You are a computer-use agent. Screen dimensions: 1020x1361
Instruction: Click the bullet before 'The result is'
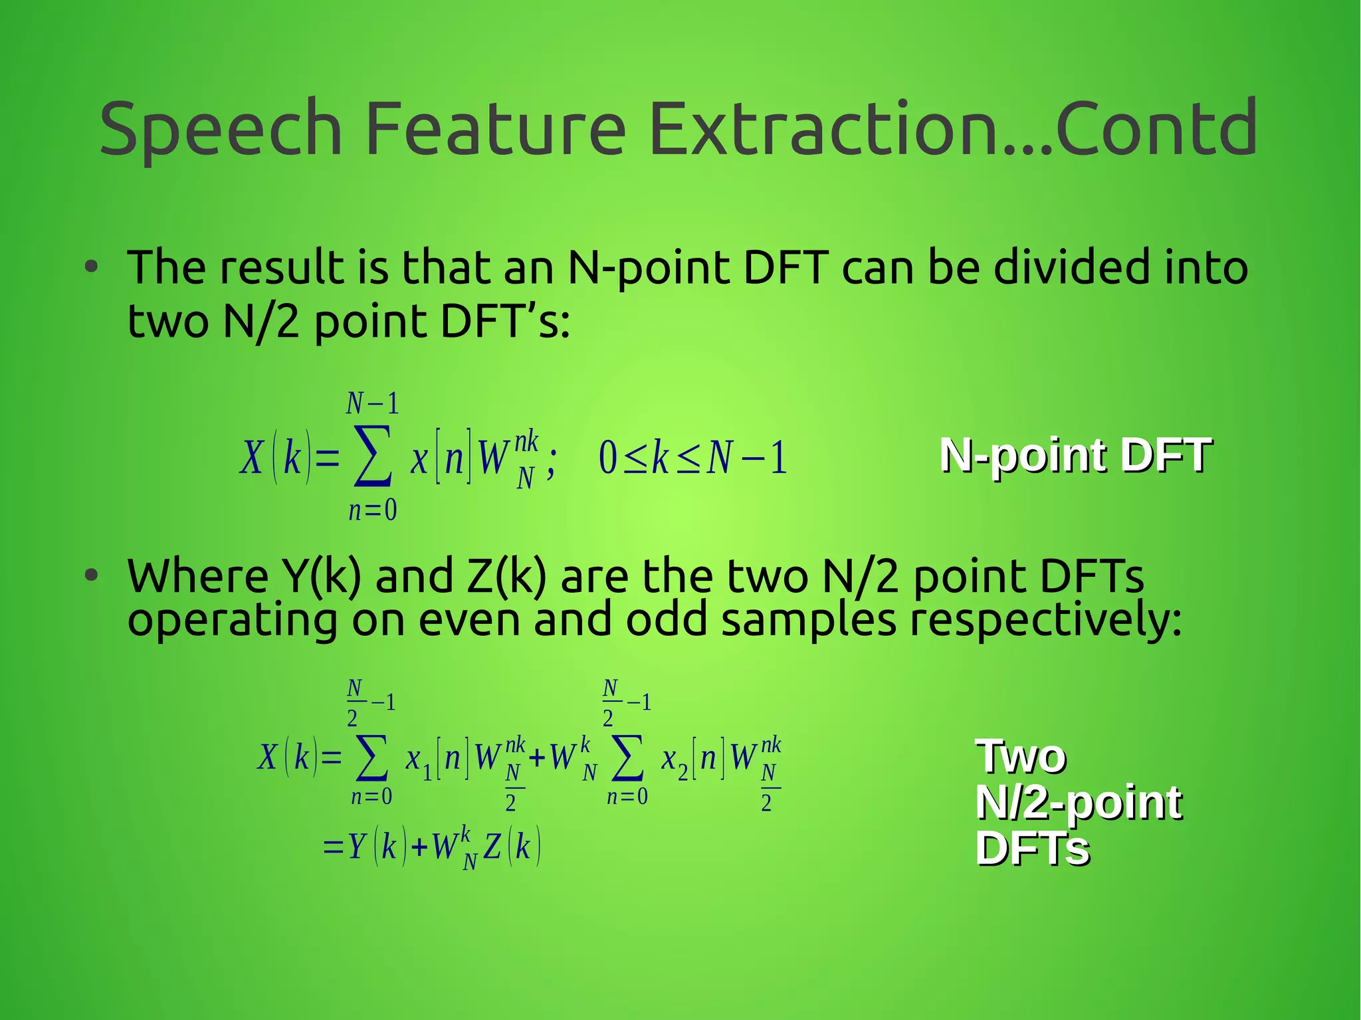[x=91, y=268]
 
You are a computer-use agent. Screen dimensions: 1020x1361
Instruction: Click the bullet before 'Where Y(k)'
[x=91, y=575]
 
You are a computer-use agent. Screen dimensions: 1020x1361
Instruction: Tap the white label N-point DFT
[x=1075, y=457]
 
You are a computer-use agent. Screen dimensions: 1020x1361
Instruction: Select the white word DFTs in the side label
[x=1032, y=849]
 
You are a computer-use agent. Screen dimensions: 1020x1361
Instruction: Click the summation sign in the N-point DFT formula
[x=372, y=457]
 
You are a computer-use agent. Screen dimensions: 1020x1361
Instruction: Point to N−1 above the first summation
[x=372, y=403]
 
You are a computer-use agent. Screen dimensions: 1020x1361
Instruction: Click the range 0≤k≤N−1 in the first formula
[x=692, y=459]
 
